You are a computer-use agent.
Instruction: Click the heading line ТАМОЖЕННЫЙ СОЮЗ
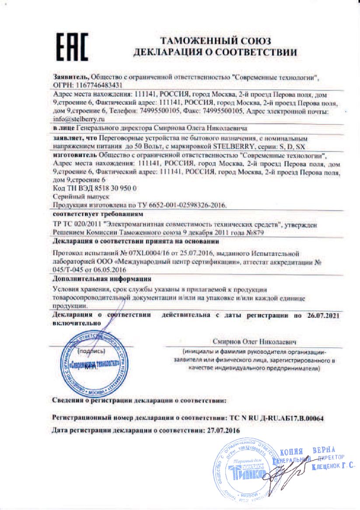216,41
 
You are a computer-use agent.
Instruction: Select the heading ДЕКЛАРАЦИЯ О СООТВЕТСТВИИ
216,52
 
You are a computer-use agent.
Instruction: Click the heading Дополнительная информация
101,278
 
